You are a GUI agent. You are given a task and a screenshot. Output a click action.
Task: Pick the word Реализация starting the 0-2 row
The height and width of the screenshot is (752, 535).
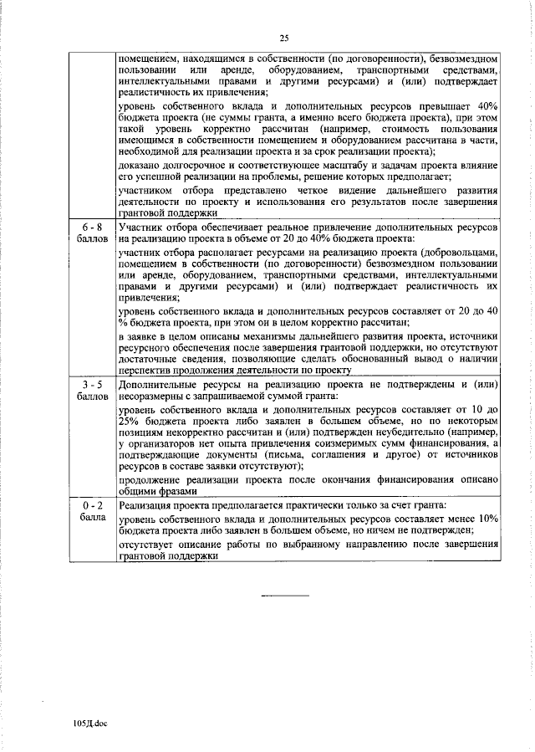(147, 507)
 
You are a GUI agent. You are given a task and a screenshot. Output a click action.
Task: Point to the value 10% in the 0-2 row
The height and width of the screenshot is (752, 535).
(487, 519)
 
